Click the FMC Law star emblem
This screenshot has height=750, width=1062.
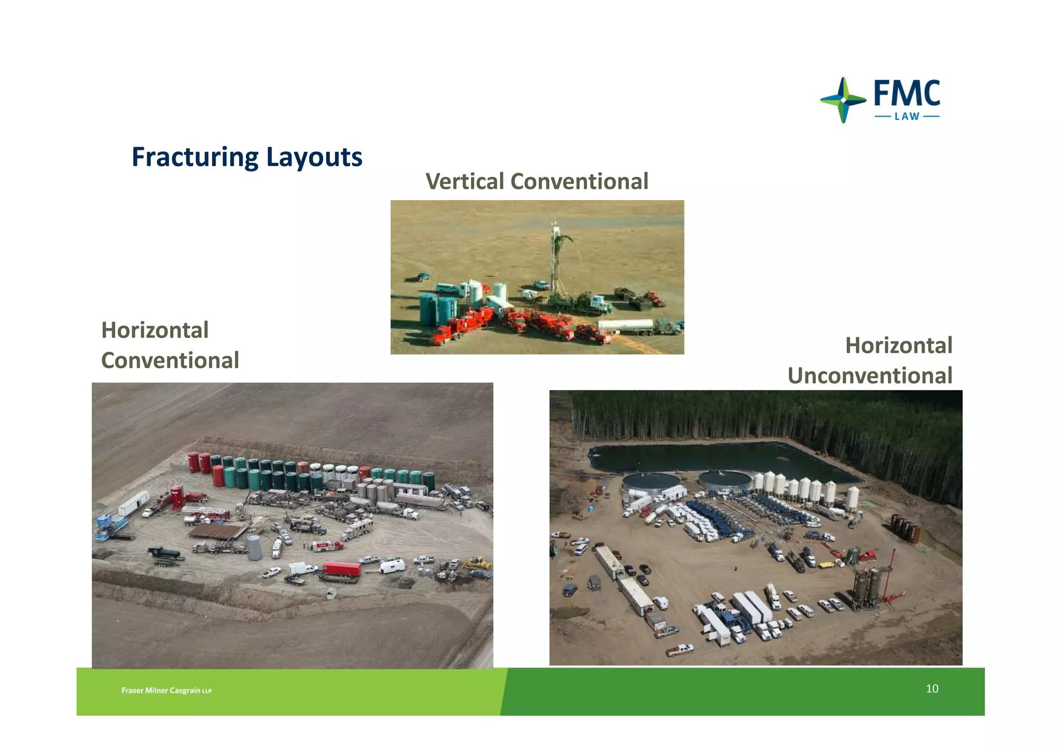point(843,100)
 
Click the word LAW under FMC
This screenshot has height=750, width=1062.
point(907,117)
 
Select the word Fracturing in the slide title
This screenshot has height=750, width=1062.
point(194,157)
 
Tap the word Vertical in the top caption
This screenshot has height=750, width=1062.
point(465,181)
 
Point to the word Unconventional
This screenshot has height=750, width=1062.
point(870,376)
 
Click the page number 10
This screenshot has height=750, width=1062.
point(932,688)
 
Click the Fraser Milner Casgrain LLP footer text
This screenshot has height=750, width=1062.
point(166,690)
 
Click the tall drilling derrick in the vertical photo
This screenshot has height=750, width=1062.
point(555,259)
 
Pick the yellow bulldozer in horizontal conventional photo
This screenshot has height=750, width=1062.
point(478,562)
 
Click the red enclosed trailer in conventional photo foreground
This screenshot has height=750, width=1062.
point(341,569)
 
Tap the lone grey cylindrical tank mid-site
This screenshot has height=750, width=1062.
point(254,548)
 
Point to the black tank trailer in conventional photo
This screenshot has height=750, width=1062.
point(164,553)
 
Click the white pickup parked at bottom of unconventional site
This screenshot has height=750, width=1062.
point(679,649)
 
